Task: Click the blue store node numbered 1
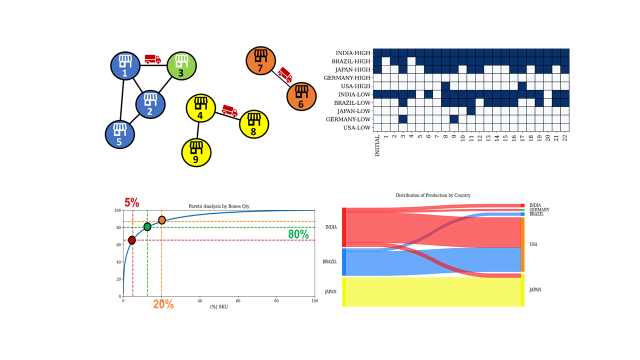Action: point(125,66)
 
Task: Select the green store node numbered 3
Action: point(181,66)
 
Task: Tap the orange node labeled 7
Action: point(261,60)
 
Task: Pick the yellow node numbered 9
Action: point(196,152)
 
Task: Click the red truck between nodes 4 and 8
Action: point(229,111)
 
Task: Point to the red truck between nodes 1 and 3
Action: point(152,59)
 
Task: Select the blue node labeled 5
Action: point(119,133)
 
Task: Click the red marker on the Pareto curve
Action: point(132,240)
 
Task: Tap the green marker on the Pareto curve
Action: point(147,227)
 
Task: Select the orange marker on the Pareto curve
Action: point(162,220)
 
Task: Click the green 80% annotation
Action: point(298,234)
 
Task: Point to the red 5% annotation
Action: point(132,203)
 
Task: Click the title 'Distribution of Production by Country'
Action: point(433,195)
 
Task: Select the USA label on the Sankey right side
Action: point(532,244)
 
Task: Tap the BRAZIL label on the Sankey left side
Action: point(329,261)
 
